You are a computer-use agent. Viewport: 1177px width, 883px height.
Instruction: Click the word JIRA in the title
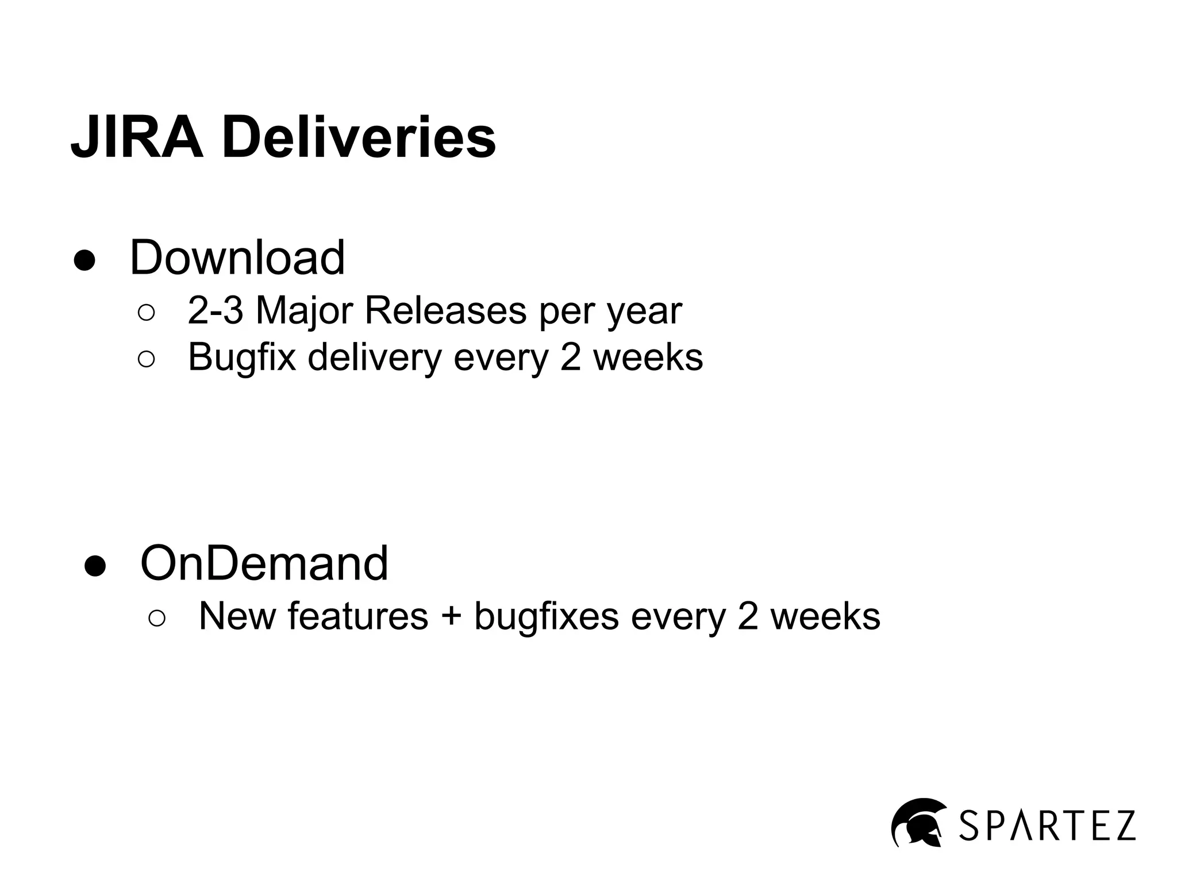pos(137,138)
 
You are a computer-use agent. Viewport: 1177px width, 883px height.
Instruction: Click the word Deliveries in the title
pos(359,138)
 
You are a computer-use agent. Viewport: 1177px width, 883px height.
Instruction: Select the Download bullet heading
pos(237,258)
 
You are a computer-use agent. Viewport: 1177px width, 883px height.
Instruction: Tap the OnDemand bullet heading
pos(264,563)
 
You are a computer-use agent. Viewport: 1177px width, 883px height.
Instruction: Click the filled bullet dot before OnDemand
pos(95,566)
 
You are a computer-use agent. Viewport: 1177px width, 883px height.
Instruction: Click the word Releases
pos(445,311)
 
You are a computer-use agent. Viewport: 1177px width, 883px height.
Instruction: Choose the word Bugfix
pos(242,358)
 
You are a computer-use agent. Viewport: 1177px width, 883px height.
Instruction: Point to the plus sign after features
pos(452,616)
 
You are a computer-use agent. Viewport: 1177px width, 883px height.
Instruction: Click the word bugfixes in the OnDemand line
pos(546,616)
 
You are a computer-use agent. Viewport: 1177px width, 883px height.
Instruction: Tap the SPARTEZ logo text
pos(1048,826)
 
